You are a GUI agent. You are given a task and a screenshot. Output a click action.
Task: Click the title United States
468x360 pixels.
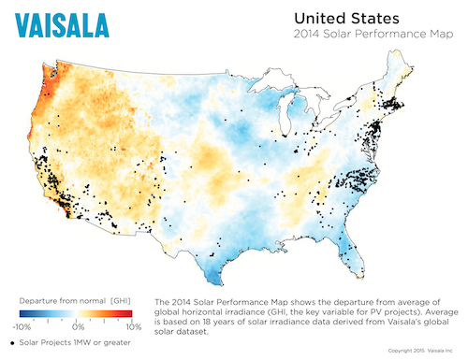point(347,19)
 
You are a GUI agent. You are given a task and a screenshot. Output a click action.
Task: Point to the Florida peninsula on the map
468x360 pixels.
point(353,248)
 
